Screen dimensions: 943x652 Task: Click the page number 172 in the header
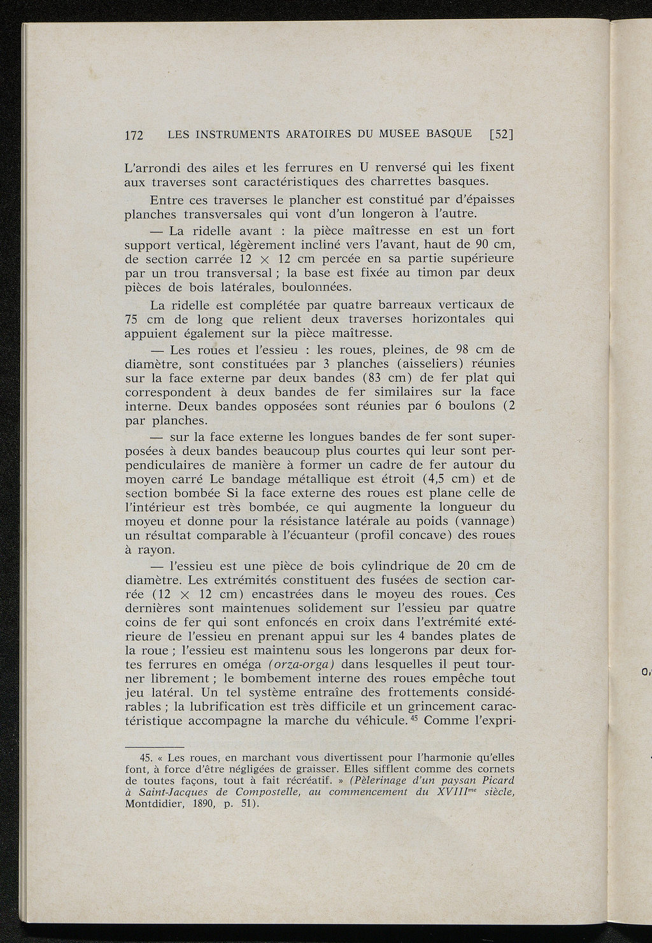(x=134, y=134)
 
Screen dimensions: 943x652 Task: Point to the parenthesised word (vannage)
(x=479, y=521)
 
